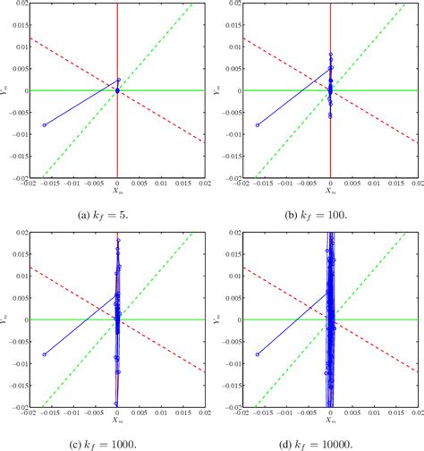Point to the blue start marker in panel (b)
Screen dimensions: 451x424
point(258,125)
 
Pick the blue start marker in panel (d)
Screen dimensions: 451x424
point(258,354)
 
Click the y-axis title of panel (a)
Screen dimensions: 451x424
point(6,90)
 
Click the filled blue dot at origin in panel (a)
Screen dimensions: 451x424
point(118,89)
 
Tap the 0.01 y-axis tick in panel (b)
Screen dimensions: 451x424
point(233,47)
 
